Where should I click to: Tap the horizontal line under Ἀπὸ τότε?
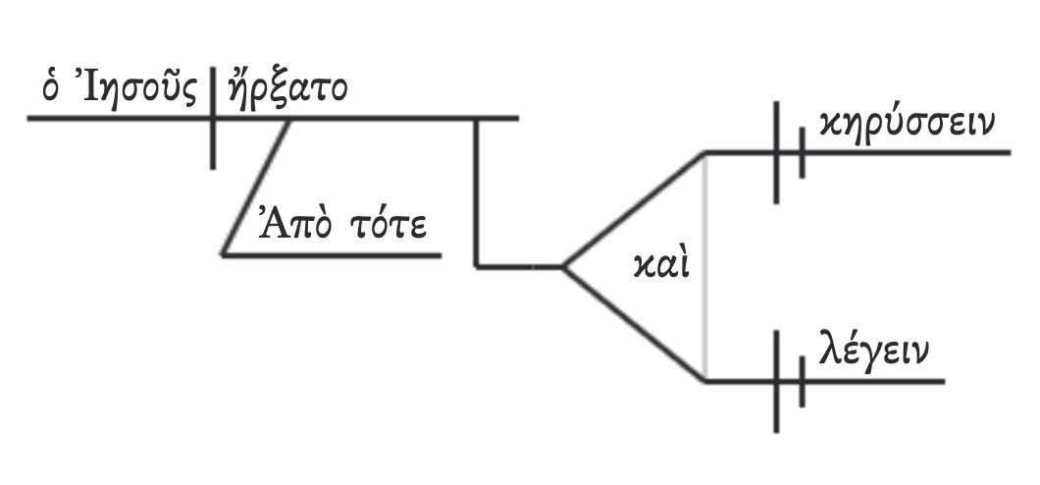tap(334, 254)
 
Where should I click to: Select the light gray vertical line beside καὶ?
tap(705, 265)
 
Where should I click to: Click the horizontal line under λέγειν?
tap(873, 381)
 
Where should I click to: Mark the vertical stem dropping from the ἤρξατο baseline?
tap(476, 191)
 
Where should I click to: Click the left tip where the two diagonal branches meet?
tap(562, 266)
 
